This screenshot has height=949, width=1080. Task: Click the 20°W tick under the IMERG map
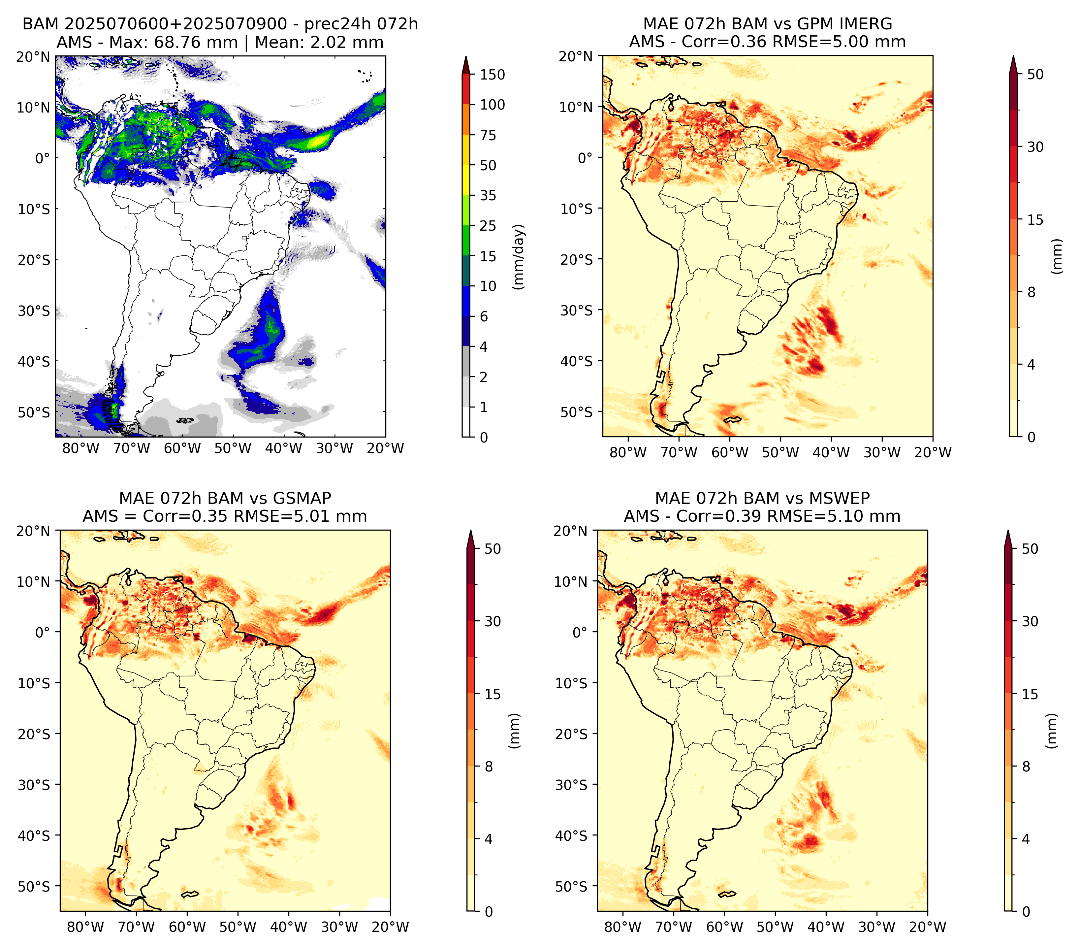[933, 453]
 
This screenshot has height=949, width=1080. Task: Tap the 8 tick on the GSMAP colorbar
[489, 767]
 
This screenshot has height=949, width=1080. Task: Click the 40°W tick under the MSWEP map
[826, 927]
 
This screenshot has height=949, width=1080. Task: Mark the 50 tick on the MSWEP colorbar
[1030, 549]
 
